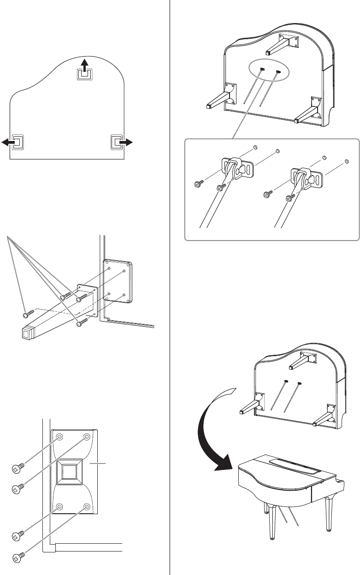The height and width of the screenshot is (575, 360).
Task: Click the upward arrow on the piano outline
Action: [x=84, y=65]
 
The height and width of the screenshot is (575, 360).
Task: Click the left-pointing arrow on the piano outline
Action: [x=9, y=143]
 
